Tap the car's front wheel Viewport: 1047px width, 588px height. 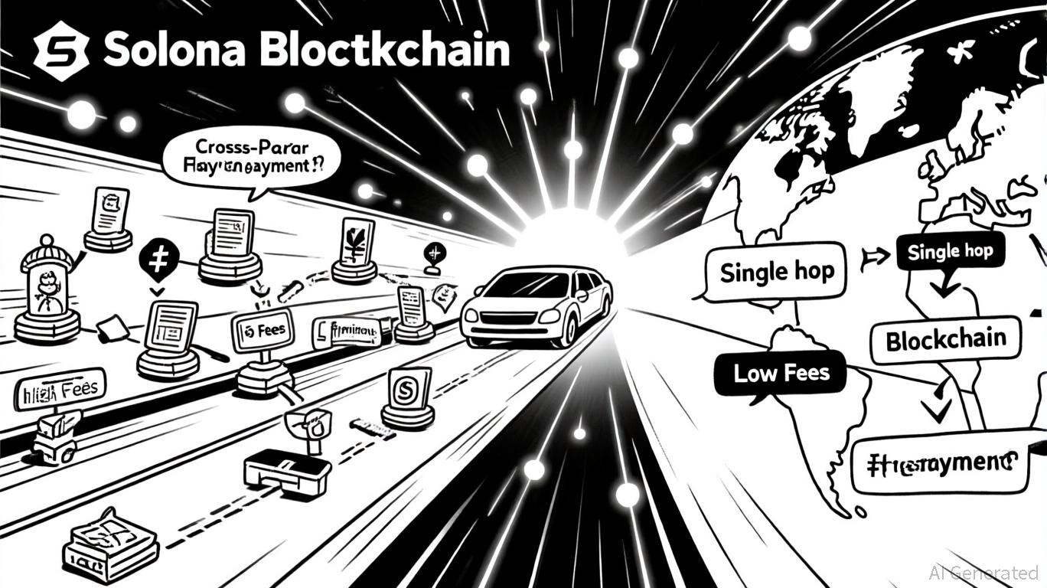568,329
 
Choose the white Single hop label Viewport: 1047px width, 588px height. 776,272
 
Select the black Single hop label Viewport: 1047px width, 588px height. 950,251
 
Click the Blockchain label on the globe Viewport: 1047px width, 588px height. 946,340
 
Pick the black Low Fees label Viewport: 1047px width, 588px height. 781,373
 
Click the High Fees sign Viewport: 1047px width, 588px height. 60,390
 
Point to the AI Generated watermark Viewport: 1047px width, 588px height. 983,572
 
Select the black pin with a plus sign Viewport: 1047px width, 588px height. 158,261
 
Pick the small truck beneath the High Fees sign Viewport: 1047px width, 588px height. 56,437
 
